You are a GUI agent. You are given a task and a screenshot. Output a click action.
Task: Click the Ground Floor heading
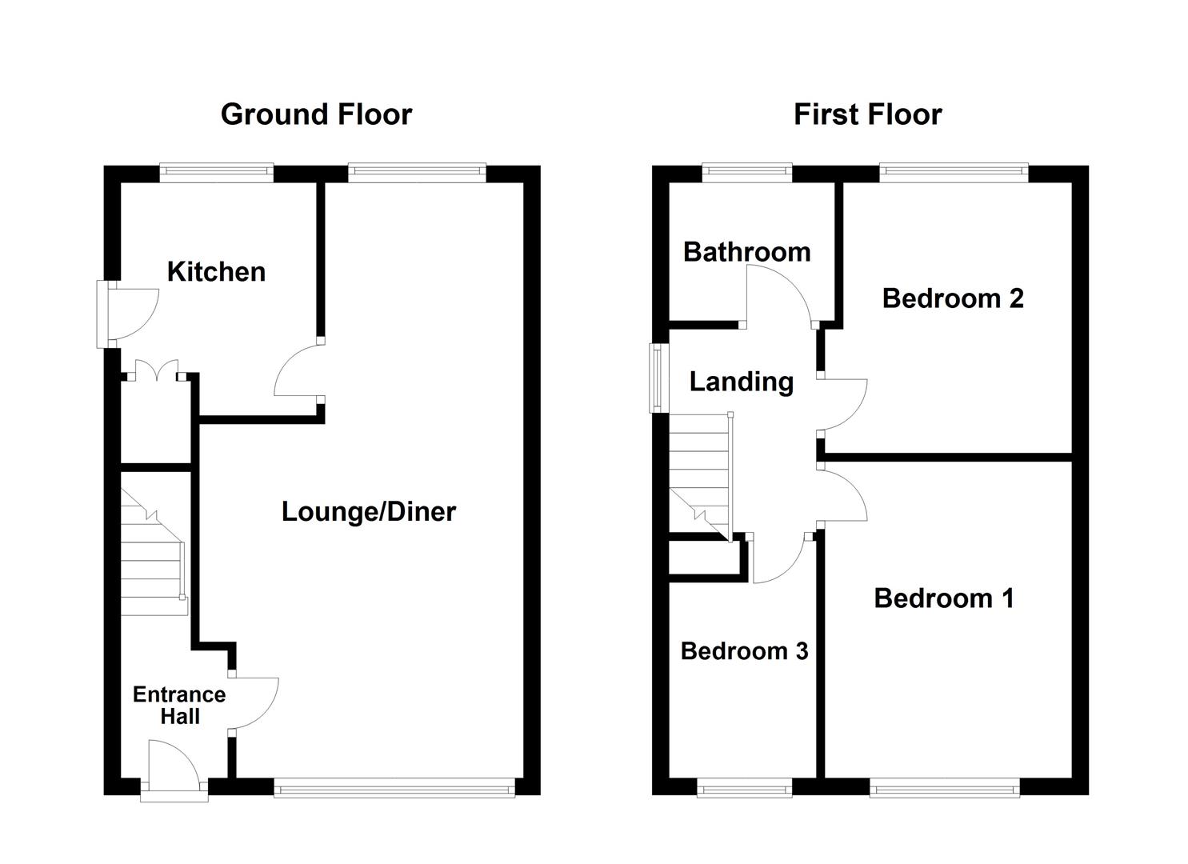pos(316,114)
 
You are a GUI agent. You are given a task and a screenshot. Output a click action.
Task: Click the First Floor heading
pos(867,114)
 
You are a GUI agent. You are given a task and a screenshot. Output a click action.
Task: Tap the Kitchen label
pos(216,272)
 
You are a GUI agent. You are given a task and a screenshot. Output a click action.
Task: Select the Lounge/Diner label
pos(368,511)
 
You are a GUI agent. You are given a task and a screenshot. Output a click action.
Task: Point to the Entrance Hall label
pos(179,705)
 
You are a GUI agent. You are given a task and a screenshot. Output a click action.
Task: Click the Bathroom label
pos(746,252)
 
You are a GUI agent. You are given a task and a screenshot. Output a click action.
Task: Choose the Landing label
pos(741,382)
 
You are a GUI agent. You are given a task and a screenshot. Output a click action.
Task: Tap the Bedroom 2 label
pos(952,298)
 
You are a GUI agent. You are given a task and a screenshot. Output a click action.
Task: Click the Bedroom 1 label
pos(943,598)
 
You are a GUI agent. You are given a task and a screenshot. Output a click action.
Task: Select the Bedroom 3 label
pos(744,651)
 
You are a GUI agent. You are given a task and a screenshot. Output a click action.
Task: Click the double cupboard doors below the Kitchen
pos(156,372)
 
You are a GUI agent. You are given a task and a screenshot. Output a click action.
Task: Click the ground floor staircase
pos(152,560)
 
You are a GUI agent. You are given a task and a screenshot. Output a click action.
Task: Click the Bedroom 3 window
pos(744,790)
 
